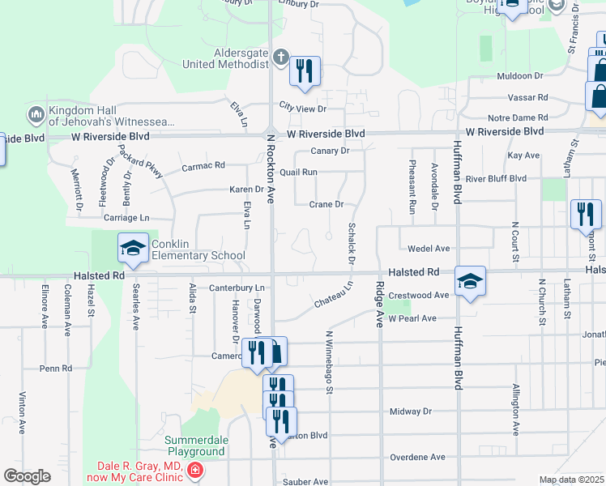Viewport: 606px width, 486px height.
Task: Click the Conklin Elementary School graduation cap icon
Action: pyautogui.click(x=133, y=248)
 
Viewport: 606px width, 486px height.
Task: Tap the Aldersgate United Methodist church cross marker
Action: pyautogui.click(x=280, y=57)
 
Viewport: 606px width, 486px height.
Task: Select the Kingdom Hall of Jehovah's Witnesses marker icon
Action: pyautogui.click(x=36, y=115)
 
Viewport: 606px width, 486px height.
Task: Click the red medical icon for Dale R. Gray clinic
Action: pyautogui.click(x=194, y=471)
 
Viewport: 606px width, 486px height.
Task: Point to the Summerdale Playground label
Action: pyautogui.click(x=194, y=446)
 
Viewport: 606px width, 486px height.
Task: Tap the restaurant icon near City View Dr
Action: pyautogui.click(x=305, y=71)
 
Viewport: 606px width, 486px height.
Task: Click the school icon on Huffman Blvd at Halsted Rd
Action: pyautogui.click(x=470, y=280)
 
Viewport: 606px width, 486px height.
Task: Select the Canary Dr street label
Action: pyautogui.click(x=330, y=151)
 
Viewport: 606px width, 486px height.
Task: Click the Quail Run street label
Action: pyautogui.click(x=299, y=172)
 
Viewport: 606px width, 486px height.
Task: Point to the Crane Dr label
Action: pyautogui.click(x=326, y=204)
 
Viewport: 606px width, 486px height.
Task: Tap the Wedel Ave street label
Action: pyautogui.click(x=429, y=249)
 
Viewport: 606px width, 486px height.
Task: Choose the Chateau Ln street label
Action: pyautogui.click(x=334, y=295)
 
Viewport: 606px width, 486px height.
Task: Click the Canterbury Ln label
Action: pyautogui.click(x=237, y=288)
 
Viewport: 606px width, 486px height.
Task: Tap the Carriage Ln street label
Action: pyautogui.click(x=126, y=218)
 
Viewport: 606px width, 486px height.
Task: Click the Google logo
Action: pyautogui.click(x=27, y=476)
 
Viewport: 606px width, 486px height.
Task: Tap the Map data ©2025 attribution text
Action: pyautogui.click(x=571, y=480)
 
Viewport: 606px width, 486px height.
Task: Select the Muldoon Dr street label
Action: pyautogui.click(x=519, y=76)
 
